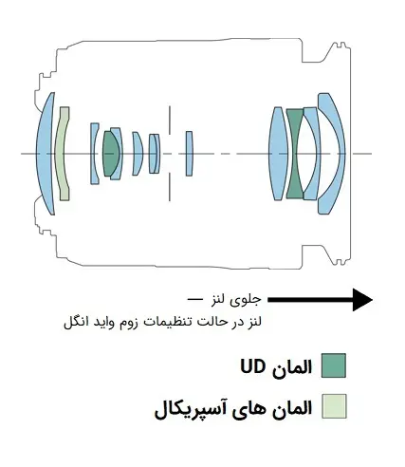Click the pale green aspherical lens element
(x=63, y=154)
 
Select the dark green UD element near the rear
(x=110, y=154)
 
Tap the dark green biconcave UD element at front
(x=295, y=154)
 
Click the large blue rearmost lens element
(x=46, y=154)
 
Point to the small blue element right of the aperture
(x=189, y=154)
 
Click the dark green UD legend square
(x=334, y=365)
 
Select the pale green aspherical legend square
(x=334, y=406)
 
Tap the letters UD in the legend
(x=253, y=367)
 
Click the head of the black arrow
(x=362, y=300)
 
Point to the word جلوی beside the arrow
(x=249, y=300)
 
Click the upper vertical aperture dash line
(x=170, y=121)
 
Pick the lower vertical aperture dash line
(x=170, y=187)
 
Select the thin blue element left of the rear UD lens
(x=94, y=154)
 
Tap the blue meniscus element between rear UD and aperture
(x=137, y=154)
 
